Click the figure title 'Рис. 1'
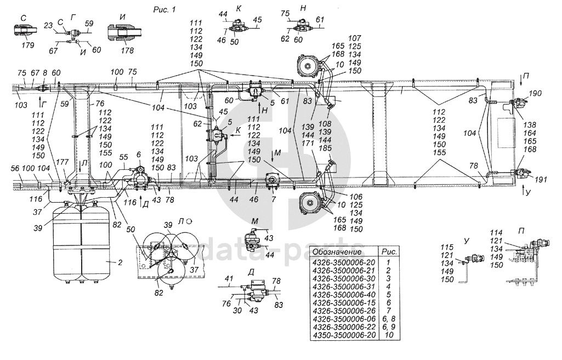pos(164,10)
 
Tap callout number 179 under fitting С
pos(27,45)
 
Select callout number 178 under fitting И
pos(127,50)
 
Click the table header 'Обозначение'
pos(337,252)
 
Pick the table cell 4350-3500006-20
pos(344,335)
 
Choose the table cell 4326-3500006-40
pos(344,294)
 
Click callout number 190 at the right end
pos(535,94)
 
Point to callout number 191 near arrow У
pos(541,179)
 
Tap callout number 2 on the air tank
pos(120,262)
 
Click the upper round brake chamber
pos(307,66)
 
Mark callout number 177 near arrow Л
pos(63,163)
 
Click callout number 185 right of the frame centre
pos(325,148)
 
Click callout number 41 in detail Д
pos(229,278)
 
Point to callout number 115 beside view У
pos(447,247)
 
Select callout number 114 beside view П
pos(496,232)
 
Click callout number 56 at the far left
pos(15,169)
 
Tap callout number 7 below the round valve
pos(274,199)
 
